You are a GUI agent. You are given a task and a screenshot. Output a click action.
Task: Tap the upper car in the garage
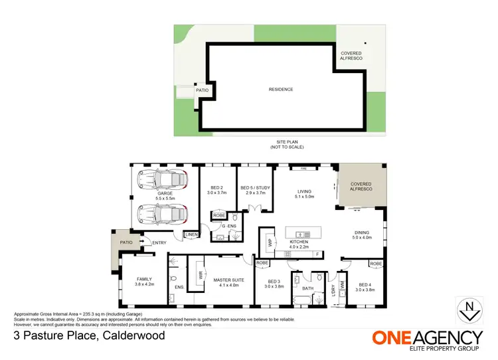[x=163, y=180]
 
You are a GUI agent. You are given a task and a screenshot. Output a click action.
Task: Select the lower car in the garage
[x=163, y=214]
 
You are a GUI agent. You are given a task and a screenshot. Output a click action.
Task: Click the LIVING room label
[x=305, y=192]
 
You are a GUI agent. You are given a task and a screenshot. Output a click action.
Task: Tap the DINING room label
[x=363, y=232]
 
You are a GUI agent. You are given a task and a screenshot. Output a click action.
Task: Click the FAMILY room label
[x=144, y=279]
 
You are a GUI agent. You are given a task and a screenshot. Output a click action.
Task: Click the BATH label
[x=307, y=289]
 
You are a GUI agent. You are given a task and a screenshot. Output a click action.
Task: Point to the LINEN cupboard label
[x=191, y=234]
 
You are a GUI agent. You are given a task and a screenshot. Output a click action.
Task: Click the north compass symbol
[x=470, y=308]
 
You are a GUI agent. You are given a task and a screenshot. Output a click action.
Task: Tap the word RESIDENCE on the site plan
[x=281, y=90]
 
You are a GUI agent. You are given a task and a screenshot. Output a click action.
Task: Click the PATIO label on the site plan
[x=202, y=90]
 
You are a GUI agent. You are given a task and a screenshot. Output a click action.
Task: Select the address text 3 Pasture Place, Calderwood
[x=89, y=335]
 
